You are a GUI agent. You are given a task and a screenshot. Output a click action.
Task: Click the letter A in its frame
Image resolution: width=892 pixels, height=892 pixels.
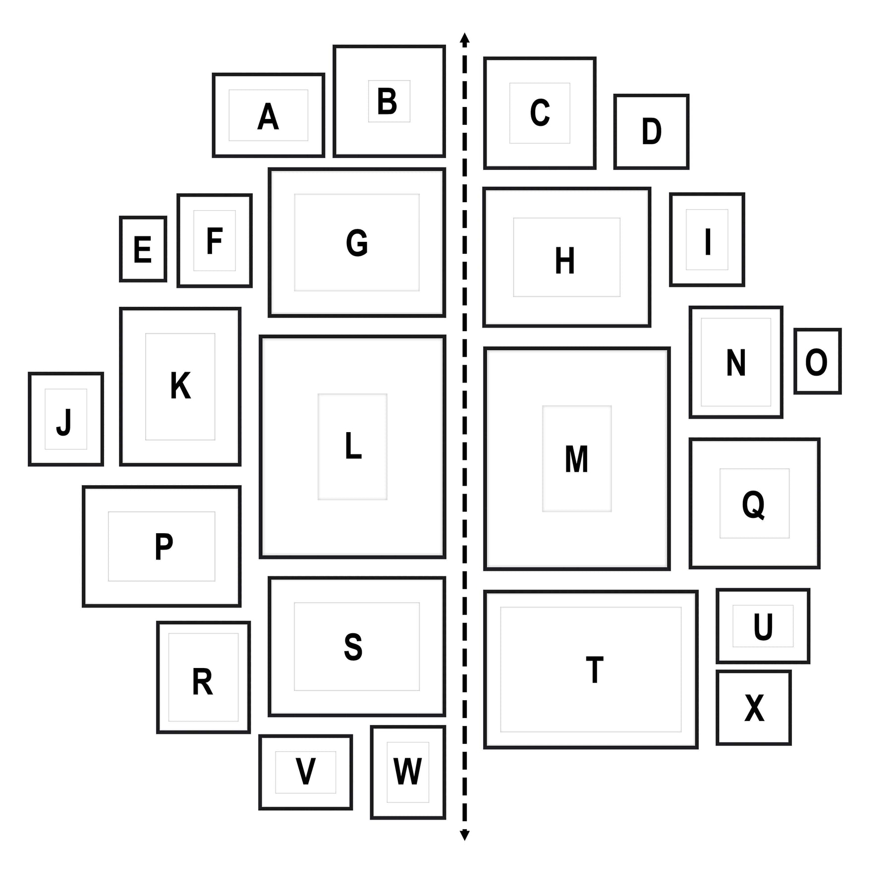point(268,117)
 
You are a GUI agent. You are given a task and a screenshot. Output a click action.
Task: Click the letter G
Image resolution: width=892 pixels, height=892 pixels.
point(357,243)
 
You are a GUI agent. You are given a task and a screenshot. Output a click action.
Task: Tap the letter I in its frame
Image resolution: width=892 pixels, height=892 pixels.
point(708,242)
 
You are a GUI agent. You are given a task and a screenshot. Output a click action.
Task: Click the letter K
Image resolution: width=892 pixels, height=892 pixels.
point(180,386)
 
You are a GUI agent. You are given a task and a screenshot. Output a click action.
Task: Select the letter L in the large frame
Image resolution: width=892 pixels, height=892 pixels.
point(353,446)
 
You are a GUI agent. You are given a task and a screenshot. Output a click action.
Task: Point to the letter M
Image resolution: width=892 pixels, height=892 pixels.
point(577,459)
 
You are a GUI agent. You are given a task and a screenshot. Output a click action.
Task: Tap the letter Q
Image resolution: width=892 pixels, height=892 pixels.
point(753,504)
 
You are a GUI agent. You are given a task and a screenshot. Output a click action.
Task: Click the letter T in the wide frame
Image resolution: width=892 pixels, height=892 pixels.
point(594,669)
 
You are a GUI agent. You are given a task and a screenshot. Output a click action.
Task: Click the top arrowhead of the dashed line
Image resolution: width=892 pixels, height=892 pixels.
point(464,38)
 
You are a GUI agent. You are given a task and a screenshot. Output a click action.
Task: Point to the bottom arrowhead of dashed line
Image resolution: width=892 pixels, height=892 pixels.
point(464,836)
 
